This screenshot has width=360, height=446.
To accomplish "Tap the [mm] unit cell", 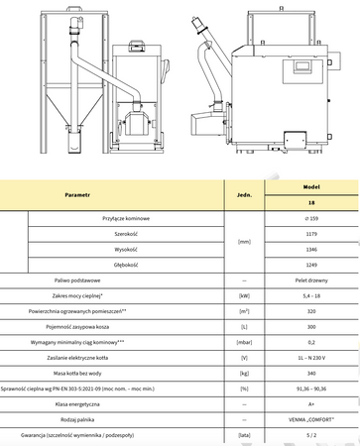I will [245, 242].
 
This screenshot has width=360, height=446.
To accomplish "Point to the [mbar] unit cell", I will [245, 344].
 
